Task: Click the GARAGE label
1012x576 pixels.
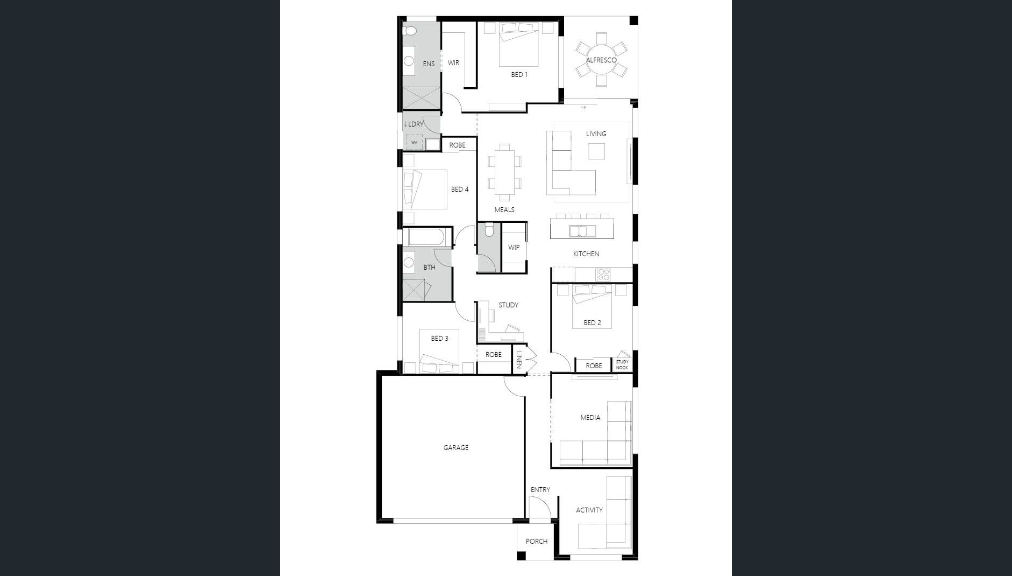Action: point(455,447)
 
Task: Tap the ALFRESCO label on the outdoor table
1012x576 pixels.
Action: point(601,60)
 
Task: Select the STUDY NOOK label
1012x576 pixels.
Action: point(622,364)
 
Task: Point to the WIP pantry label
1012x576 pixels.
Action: point(514,248)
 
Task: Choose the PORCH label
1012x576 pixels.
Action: point(536,541)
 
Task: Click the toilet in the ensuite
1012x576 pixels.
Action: point(411,29)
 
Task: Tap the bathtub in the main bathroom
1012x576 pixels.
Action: point(425,237)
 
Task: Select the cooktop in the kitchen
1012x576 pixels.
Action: point(603,275)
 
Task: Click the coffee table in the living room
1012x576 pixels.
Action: point(596,151)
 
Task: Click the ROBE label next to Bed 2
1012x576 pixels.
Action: point(594,366)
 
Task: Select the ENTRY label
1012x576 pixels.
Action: point(540,489)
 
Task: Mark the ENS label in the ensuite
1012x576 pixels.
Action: point(428,64)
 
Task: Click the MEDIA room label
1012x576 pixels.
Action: point(590,417)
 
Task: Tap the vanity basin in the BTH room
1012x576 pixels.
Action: point(409,263)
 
